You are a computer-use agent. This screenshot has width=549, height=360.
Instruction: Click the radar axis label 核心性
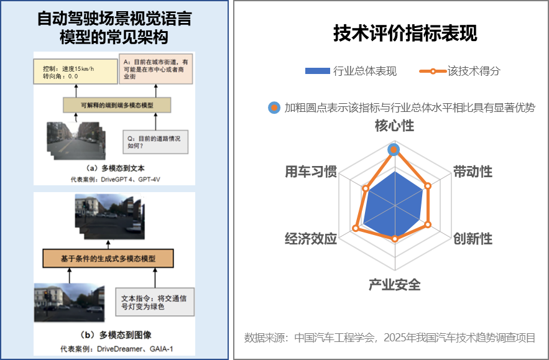click(394, 126)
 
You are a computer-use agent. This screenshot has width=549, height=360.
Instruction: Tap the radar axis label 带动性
click(473, 172)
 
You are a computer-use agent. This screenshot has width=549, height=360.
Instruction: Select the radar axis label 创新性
click(473, 239)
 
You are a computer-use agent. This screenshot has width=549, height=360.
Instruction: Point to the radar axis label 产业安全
click(394, 285)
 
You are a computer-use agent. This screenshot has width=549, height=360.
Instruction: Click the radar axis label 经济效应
click(311, 239)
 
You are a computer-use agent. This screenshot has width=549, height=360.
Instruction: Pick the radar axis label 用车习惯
click(311, 172)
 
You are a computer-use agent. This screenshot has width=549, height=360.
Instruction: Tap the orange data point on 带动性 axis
click(428, 185)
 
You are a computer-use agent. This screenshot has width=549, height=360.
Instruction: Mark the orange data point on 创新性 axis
click(428, 224)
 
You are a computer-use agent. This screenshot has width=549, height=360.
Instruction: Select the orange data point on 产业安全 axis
click(394, 238)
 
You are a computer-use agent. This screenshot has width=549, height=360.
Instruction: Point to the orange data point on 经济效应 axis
click(356, 228)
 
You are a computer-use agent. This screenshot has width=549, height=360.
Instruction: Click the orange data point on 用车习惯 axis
click(366, 188)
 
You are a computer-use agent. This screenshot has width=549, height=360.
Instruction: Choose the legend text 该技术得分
click(474, 71)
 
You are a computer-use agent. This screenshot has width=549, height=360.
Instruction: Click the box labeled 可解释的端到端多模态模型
click(117, 105)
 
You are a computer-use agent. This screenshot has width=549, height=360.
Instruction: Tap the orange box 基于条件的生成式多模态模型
click(108, 257)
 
